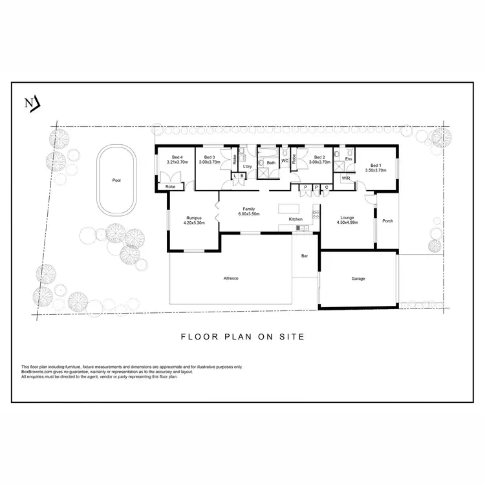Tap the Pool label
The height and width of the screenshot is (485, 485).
pos(116,180)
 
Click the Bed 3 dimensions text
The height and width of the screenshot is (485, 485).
pos(210,162)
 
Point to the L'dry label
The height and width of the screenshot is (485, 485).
pos(247,167)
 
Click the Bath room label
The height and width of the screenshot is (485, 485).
pos(271,162)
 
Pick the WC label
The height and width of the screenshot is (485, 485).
pos(285,160)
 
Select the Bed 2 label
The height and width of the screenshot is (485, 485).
pos(319,157)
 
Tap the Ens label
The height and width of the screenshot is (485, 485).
pos(348,158)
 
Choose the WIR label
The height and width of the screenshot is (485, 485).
pos(346,178)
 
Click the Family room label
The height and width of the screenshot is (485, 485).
pos(249,209)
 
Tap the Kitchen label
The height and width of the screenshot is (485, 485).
pos(296,219)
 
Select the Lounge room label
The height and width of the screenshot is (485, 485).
pos(347,217)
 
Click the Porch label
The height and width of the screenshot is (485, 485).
pos(388,221)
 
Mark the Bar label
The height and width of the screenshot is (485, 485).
pos(305,256)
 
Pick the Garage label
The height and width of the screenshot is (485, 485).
pos(358,279)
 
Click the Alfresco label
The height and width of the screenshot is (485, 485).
pos(232,277)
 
